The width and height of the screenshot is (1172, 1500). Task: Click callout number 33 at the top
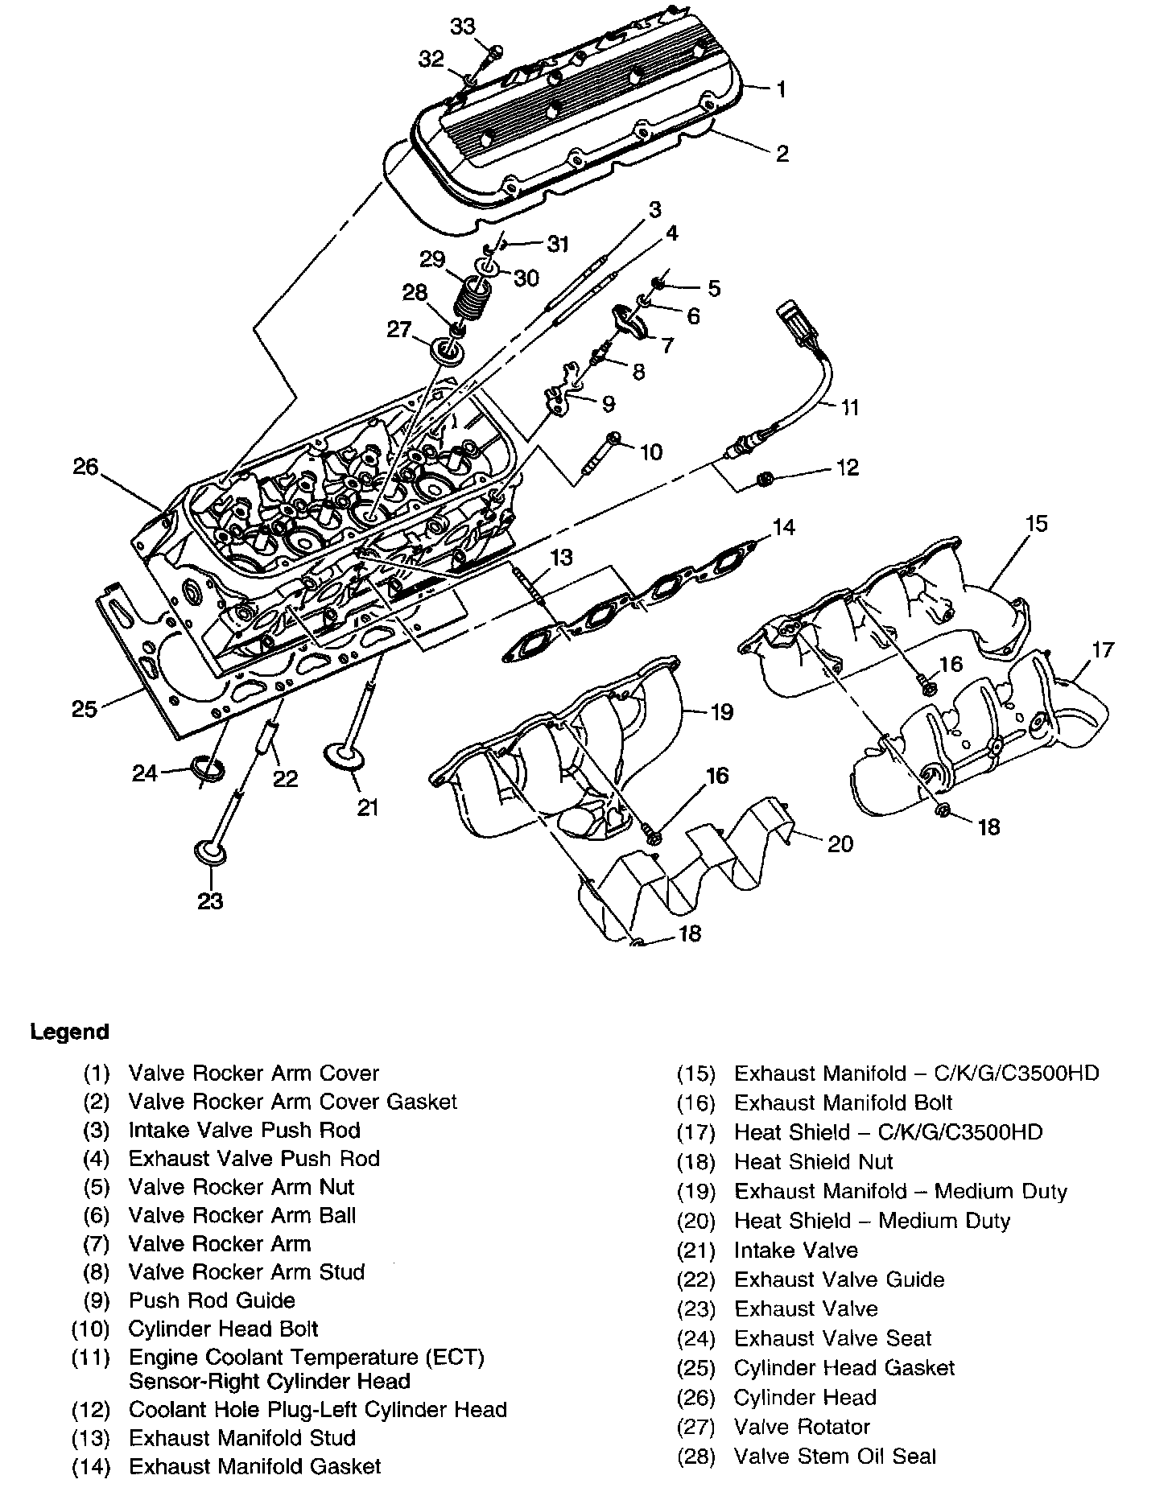click(x=463, y=27)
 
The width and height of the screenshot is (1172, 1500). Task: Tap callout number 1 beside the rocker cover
click(x=780, y=89)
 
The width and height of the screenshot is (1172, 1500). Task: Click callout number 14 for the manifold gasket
click(x=783, y=527)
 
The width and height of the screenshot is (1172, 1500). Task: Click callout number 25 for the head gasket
click(x=85, y=709)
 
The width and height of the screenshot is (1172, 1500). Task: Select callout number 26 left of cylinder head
click(x=85, y=466)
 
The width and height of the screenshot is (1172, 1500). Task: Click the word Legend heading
click(x=69, y=1032)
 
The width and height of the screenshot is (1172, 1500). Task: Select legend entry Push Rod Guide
click(x=212, y=1300)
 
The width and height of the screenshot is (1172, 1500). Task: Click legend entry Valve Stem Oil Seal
click(x=835, y=1456)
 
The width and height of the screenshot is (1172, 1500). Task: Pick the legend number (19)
click(x=695, y=1192)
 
